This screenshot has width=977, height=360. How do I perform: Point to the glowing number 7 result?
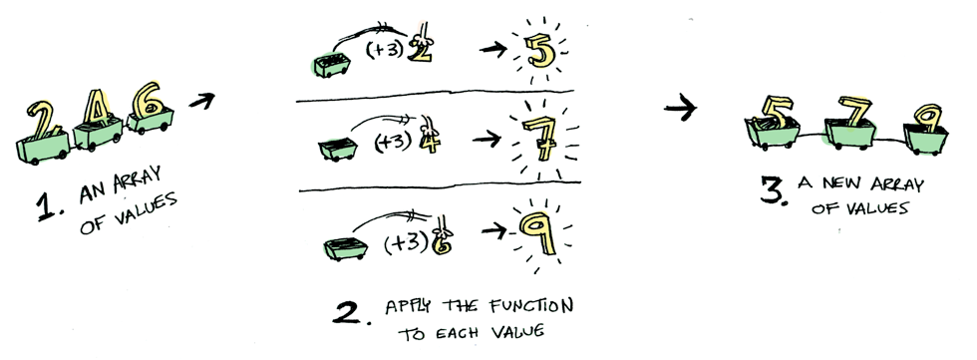pos(540,138)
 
